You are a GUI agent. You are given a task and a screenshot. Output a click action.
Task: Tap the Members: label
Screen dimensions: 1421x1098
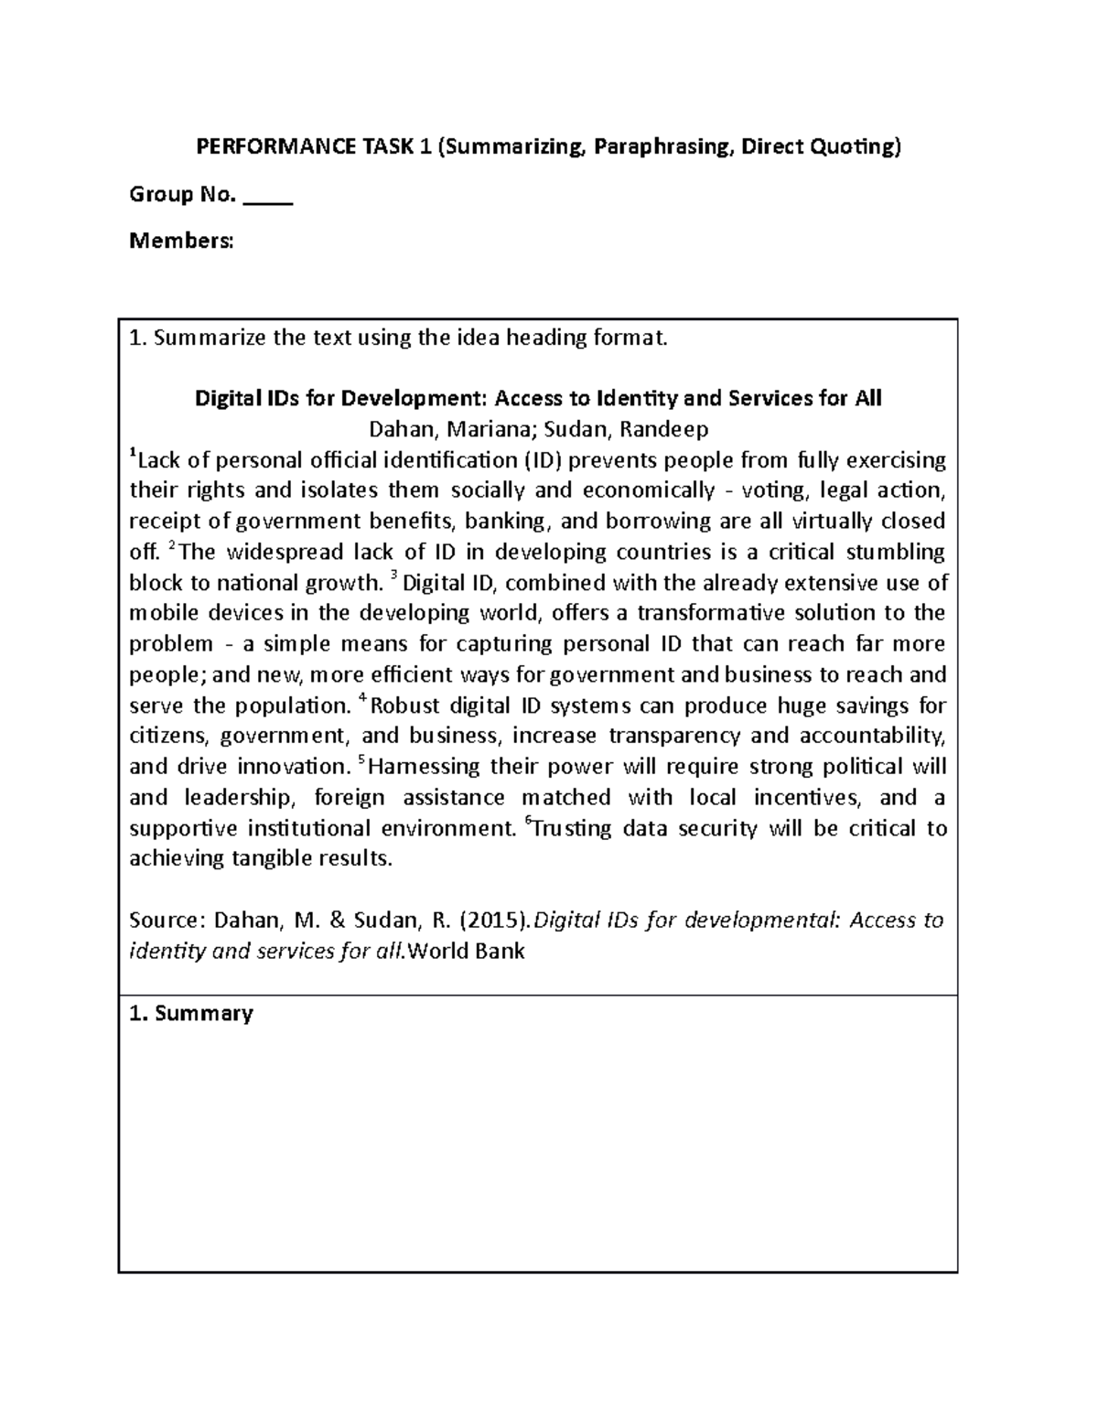click(x=181, y=241)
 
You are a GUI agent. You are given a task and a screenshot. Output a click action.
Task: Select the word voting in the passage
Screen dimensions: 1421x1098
click(x=774, y=490)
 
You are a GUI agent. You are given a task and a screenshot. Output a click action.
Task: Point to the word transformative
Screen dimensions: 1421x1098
click(x=714, y=613)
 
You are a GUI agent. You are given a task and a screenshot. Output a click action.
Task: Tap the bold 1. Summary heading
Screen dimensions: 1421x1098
click(x=191, y=1014)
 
